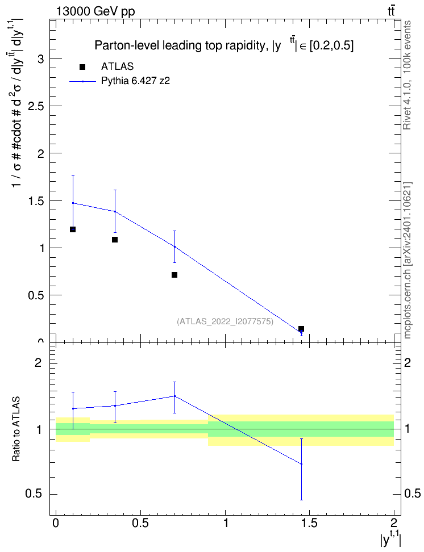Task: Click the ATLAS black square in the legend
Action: [x=82, y=67]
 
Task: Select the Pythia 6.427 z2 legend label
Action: [x=135, y=81]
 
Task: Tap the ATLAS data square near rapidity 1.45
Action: [x=301, y=329]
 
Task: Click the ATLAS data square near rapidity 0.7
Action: [x=174, y=275]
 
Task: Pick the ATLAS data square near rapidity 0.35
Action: [x=115, y=240]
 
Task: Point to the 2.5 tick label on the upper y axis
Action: [x=35, y=106]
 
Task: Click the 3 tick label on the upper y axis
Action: [x=40, y=59]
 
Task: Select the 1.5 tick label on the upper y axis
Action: [x=35, y=200]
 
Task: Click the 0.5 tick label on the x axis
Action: [x=140, y=523]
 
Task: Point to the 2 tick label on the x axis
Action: [x=394, y=522]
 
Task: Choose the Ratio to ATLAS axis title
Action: [x=16, y=429]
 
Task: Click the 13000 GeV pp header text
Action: [x=95, y=11]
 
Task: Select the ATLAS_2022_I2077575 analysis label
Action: [x=225, y=321]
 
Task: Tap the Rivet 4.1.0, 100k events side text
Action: [x=407, y=75]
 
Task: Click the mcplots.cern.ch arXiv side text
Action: [x=408, y=261]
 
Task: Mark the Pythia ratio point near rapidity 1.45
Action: [x=301, y=464]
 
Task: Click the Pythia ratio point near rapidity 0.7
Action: [x=174, y=396]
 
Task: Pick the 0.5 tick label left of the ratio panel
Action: [x=34, y=494]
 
